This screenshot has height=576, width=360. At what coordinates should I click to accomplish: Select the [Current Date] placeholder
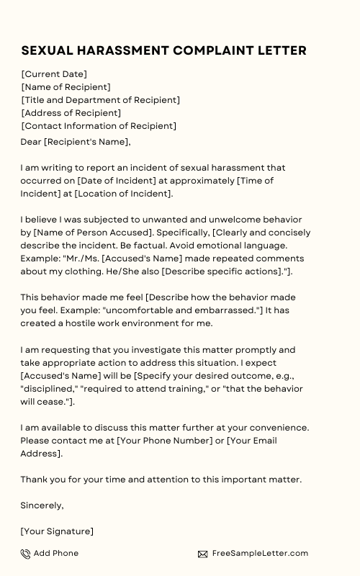click(54, 74)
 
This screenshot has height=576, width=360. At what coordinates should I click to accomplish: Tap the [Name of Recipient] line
click(66, 87)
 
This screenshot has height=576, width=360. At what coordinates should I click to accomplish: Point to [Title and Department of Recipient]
click(100, 100)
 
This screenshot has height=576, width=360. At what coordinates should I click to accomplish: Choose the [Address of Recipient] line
click(71, 113)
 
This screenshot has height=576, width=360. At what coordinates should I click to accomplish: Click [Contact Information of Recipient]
click(98, 126)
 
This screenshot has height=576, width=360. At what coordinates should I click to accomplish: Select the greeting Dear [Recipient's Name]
click(75, 142)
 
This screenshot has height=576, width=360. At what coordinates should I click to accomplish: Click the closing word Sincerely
click(42, 505)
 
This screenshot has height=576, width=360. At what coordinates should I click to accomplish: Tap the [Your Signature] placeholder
click(57, 531)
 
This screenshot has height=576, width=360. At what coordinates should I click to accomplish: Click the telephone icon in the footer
click(26, 554)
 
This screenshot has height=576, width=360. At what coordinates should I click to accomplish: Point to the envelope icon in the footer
click(203, 554)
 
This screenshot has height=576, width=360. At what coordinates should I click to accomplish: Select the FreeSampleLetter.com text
click(259, 553)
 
